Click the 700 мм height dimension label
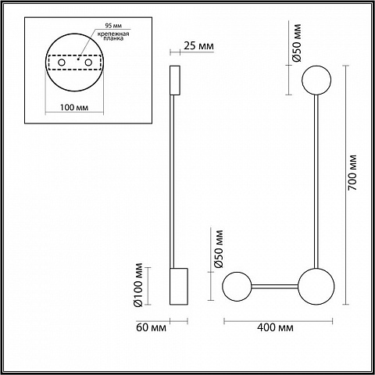pyautogui.click(x=352, y=173)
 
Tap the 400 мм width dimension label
pyautogui.click(x=275, y=327)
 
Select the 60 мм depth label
pyautogui.click(x=151, y=327)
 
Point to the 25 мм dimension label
pyautogui.click(x=198, y=45)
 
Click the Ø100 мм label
pyautogui.click(x=138, y=285)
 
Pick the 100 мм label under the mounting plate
pyautogui.click(x=74, y=107)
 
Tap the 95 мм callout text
pyautogui.click(x=113, y=26)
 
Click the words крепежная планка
pyautogui.click(x=113, y=36)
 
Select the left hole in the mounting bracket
pyautogui.click(x=62, y=62)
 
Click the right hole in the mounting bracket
pyautogui.click(x=88, y=62)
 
